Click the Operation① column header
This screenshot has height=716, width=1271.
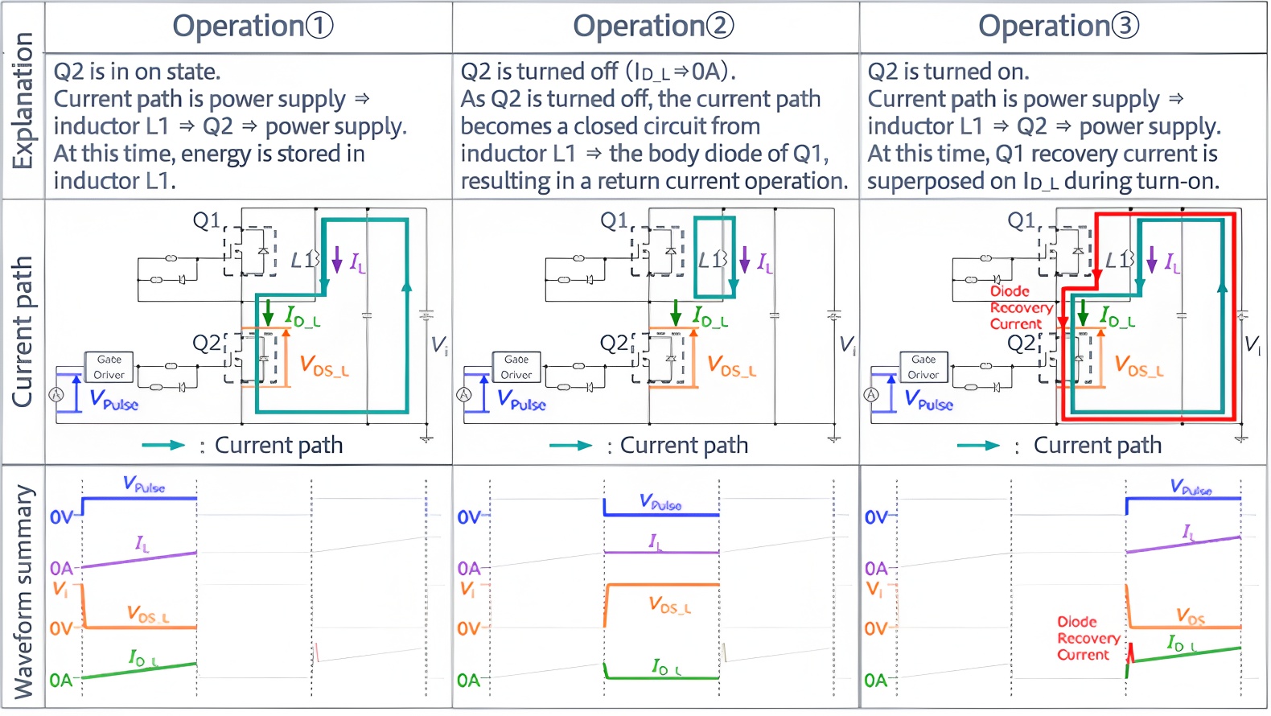tap(253, 27)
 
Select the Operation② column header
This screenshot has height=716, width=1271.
tap(653, 27)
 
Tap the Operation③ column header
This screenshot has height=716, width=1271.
tap(1059, 27)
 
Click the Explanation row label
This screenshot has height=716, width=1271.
tap(23, 101)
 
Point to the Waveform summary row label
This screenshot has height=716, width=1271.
tap(23, 591)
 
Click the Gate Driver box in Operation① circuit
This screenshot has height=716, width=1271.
tap(109, 367)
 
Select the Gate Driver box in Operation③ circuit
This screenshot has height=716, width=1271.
tap(923, 367)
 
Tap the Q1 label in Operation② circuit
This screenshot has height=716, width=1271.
tap(614, 220)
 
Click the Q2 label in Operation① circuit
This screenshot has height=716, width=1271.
tap(207, 344)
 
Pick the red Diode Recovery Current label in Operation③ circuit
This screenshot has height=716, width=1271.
tap(1021, 307)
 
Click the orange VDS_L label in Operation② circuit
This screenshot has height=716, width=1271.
tap(731, 366)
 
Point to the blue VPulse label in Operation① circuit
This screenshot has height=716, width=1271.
tap(113, 400)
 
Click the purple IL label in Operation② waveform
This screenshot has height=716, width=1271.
tap(656, 542)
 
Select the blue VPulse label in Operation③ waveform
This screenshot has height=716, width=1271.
tap(1191, 488)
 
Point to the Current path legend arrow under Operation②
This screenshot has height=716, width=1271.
tap(570, 446)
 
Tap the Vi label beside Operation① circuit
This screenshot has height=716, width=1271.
tap(439, 346)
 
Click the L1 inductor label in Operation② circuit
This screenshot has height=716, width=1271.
tap(712, 260)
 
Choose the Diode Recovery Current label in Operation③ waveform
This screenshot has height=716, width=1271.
tap(1088, 638)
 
